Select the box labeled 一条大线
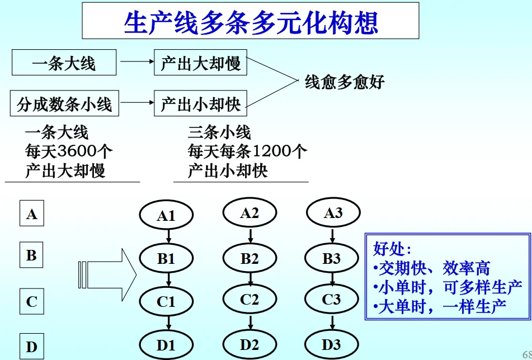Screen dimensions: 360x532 [64, 63]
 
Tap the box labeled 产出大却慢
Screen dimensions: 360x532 [200, 63]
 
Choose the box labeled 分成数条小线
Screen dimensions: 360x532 [64, 103]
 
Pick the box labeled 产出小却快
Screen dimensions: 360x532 [200, 103]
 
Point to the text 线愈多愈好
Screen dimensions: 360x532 [345, 83]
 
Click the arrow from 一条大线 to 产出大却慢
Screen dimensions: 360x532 [135, 63]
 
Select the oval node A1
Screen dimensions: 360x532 [166, 215]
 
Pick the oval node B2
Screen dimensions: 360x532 [249, 259]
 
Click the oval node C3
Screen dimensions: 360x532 [332, 300]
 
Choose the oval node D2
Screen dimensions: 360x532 [249, 344]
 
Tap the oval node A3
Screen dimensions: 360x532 [333, 213]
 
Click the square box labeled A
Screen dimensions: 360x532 [32, 214]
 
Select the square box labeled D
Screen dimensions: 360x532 [32, 347]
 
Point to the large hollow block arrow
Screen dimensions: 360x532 [109, 274]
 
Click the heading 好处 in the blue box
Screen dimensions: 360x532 [392, 248]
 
